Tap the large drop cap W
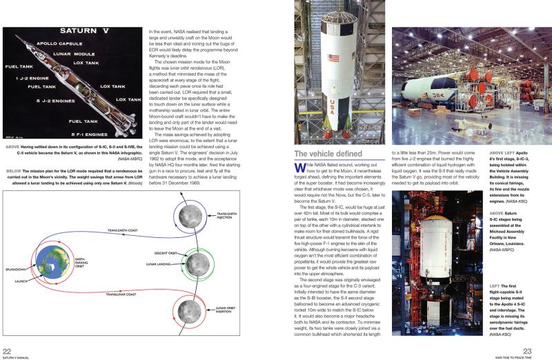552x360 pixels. pos(299,170)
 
